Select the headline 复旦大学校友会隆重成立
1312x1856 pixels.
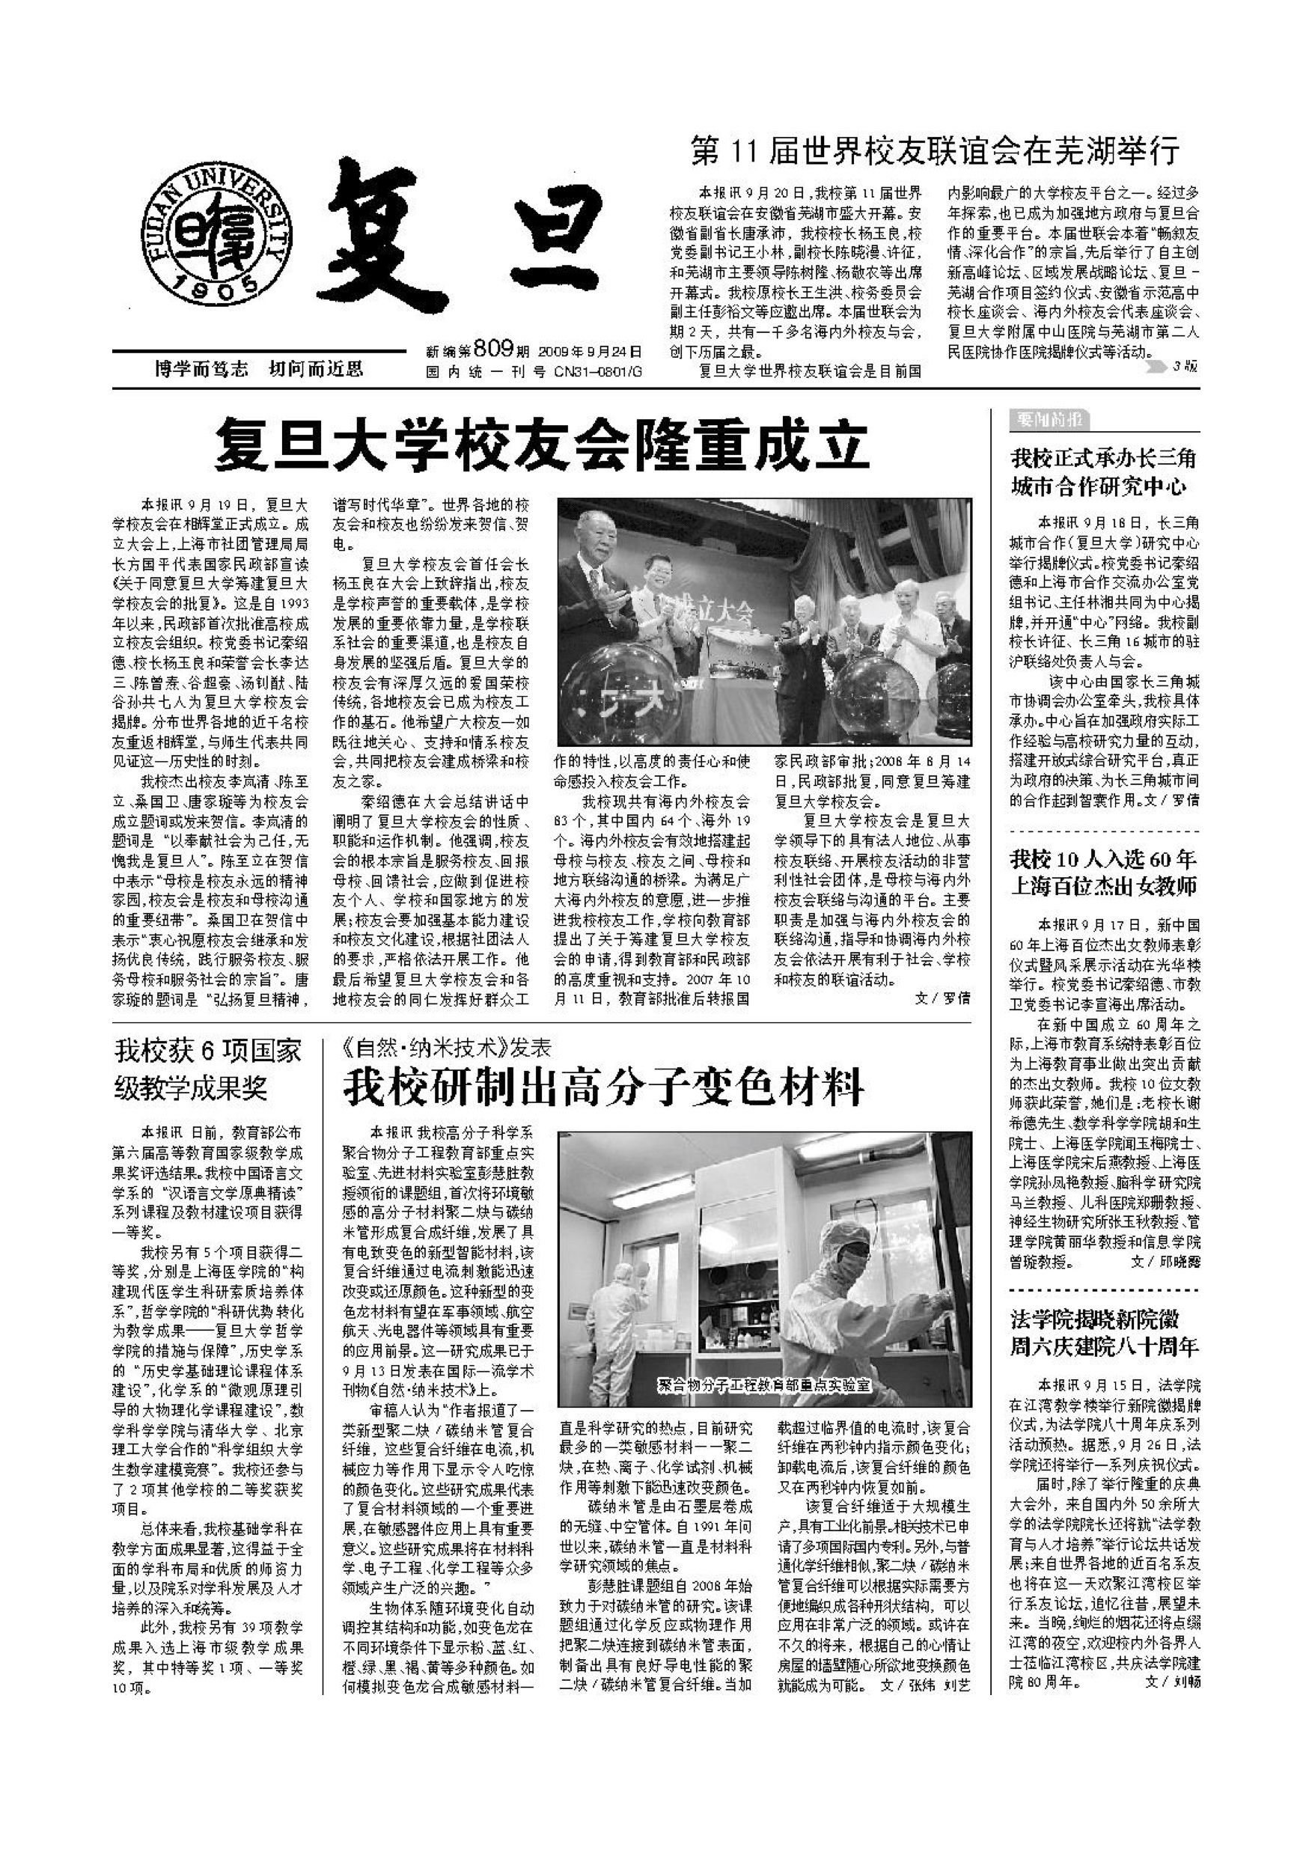tap(541, 444)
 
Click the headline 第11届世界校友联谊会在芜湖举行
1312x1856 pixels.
tap(936, 151)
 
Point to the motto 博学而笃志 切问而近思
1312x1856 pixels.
tap(259, 370)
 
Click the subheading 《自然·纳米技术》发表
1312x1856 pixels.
tap(447, 1048)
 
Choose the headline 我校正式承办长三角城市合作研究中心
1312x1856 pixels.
tap(1103, 472)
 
